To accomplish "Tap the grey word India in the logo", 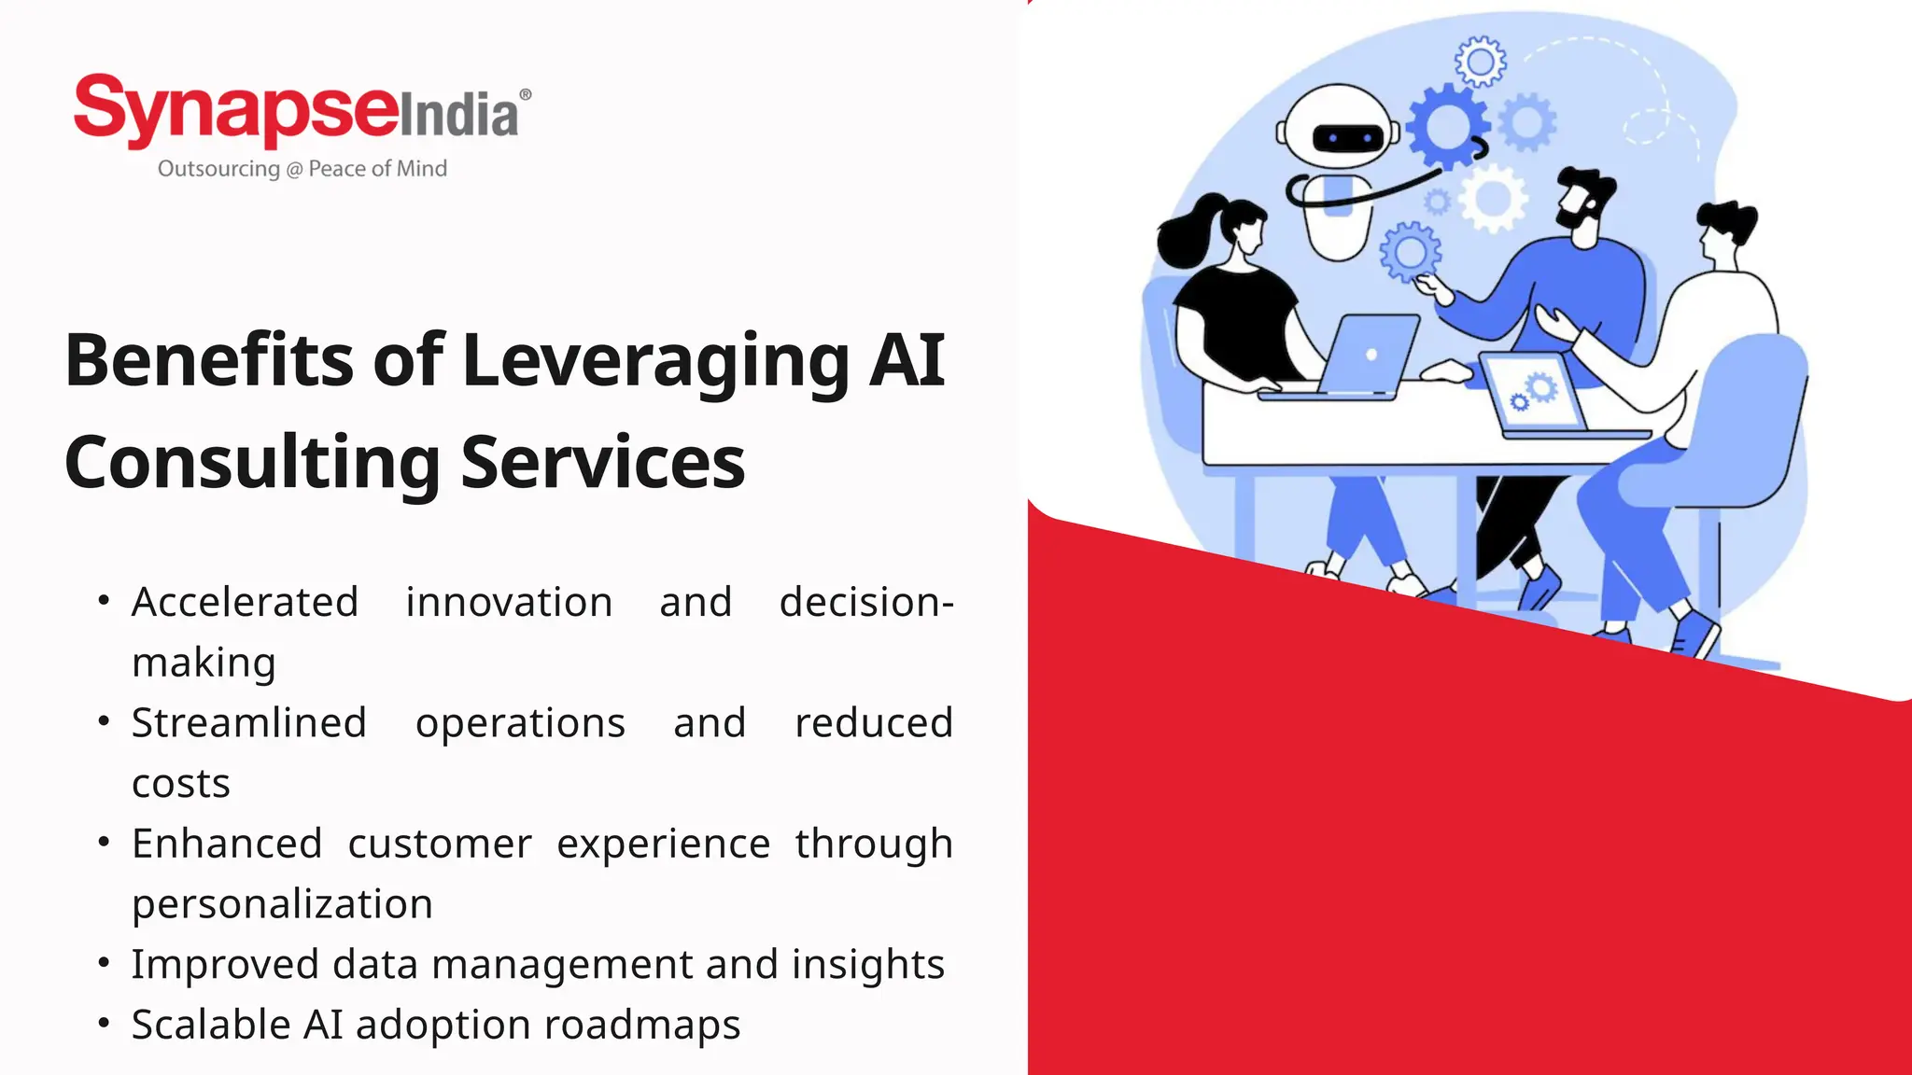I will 459,117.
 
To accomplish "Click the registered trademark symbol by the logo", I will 526,94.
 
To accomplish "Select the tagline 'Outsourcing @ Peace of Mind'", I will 302,169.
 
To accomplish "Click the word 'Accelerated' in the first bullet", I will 245,602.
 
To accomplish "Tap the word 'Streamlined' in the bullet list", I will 248,723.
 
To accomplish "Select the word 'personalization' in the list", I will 282,904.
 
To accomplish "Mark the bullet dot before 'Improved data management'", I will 104,962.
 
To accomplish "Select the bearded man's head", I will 1583,201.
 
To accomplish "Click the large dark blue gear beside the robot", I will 1445,126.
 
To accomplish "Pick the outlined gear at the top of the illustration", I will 1480,62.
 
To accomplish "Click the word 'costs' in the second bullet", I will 180,784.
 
